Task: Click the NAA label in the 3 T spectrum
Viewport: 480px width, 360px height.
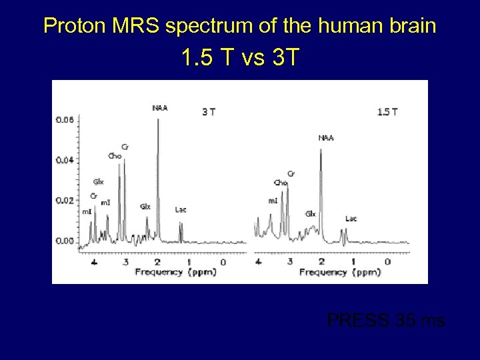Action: point(160,107)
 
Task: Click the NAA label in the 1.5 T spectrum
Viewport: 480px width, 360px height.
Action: point(326,138)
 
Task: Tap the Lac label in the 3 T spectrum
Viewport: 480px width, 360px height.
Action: point(181,209)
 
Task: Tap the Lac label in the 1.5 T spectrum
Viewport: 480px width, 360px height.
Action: point(351,218)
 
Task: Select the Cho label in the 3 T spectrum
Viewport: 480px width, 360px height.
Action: point(115,156)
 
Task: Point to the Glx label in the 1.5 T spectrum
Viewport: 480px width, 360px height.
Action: point(311,214)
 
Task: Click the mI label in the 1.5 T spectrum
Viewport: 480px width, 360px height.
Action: point(273,201)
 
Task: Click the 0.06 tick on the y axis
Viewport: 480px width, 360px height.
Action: point(65,120)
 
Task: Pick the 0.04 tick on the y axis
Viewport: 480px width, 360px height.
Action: point(65,160)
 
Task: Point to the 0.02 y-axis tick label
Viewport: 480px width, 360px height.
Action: point(65,200)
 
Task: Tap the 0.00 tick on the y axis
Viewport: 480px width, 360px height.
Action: point(65,240)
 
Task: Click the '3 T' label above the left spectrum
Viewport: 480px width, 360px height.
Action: point(209,112)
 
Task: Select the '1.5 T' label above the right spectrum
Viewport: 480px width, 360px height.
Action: point(387,112)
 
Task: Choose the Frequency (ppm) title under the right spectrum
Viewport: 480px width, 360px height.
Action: point(340,272)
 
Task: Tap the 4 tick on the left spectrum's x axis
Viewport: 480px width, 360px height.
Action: point(94,262)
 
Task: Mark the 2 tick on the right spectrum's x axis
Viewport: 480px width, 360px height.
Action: point(321,262)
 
